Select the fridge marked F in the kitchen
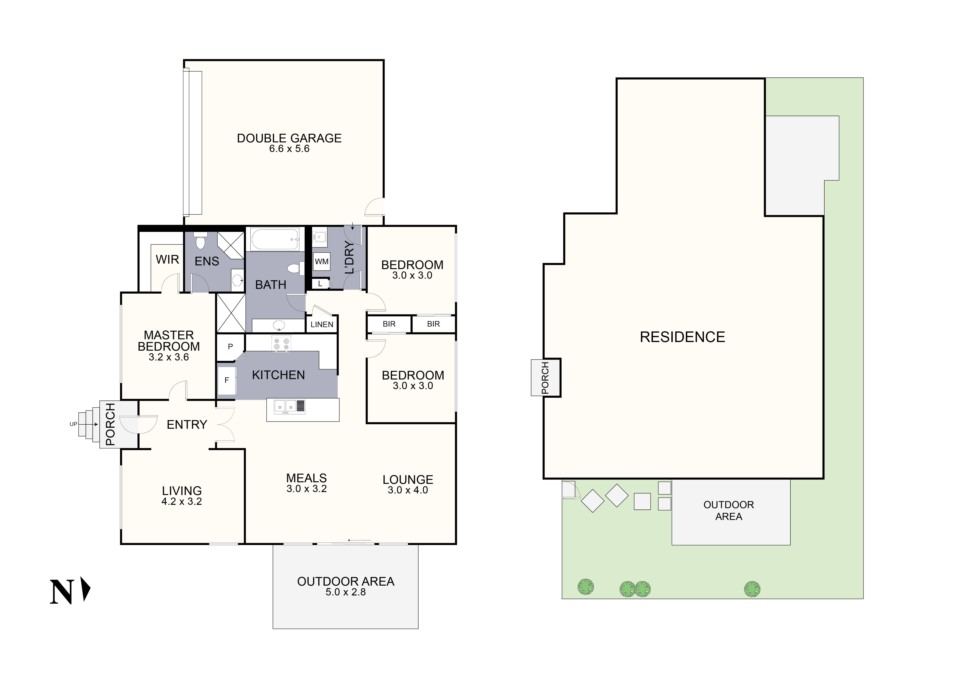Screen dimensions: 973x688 (x=227, y=380)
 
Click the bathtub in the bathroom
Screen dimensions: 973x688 (x=275, y=239)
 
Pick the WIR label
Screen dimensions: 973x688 (x=167, y=259)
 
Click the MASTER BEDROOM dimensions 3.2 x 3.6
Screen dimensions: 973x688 (x=169, y=357)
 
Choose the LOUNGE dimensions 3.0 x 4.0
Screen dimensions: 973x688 (x=408, y=490)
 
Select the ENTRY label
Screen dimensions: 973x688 (x=187, y=424)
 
